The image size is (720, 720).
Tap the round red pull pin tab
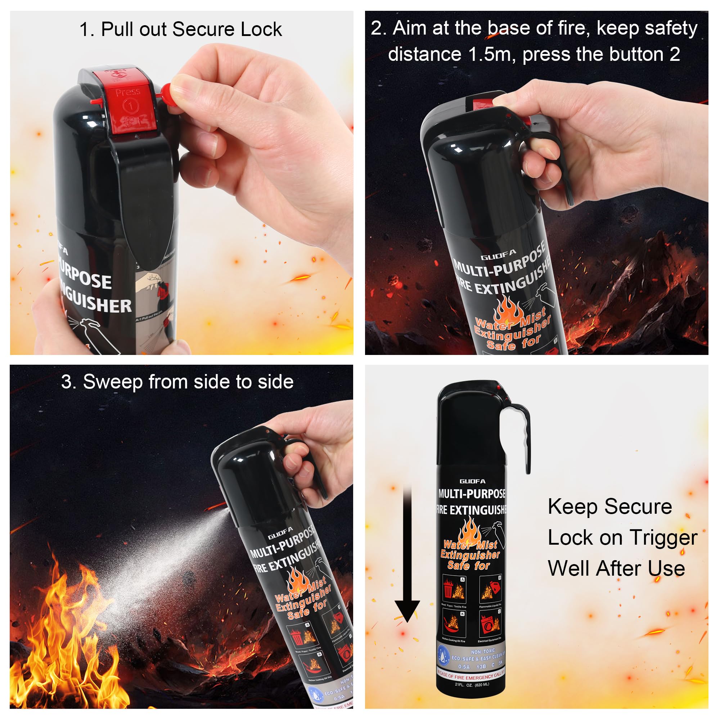point(170,93)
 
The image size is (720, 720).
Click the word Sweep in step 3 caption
point(112,382)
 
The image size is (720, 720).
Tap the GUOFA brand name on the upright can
point(472,481)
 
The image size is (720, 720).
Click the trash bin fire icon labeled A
point(454,590)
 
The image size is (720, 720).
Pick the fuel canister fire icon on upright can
point(490,590)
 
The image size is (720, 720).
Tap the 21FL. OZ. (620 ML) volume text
point(472,685)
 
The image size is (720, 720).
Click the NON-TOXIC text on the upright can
point(483,652)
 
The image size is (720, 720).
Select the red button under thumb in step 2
point(481,104)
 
